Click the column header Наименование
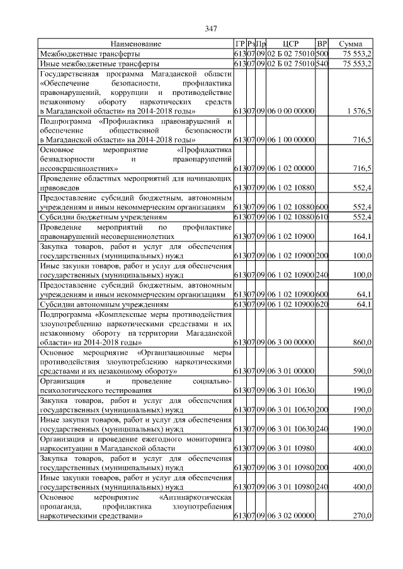(x=135, y=44)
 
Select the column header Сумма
(x=350, y=44)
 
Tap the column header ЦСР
(x=290, y=44)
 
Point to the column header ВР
(x=322, y=44)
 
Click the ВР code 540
(x=322, y=64)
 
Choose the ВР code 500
(x=322, y=54)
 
